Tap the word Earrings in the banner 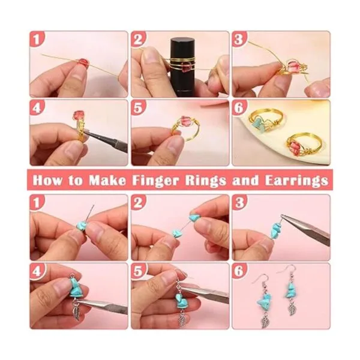296,180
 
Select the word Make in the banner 107,180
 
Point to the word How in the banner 47,180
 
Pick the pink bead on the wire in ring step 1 83,62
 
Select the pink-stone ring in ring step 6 301,145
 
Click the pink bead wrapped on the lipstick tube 185,68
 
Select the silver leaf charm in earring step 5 182,317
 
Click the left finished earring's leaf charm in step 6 266,320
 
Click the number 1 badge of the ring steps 37,38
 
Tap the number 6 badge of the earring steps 239,271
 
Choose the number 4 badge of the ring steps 37,107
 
